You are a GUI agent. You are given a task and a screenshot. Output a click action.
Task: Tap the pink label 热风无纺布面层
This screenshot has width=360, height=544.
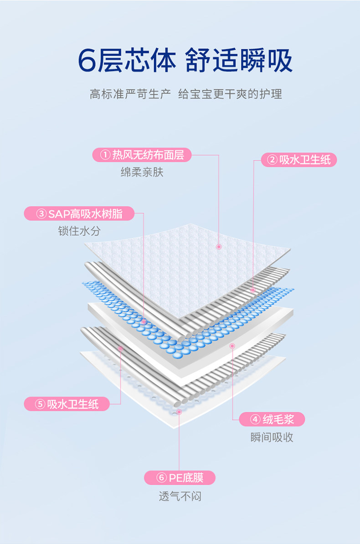click(x=142, y=155)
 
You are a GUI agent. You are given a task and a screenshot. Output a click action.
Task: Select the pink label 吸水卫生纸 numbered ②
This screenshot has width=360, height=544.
click(x=298, y=160)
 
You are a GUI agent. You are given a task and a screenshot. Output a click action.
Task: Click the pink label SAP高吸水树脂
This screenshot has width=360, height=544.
click(x=80, y=213)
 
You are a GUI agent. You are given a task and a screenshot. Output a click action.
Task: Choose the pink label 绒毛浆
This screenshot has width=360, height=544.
click(x=272, y=419)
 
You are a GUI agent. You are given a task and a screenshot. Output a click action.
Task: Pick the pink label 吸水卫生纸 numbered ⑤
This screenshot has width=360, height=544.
click(x=67, y=404)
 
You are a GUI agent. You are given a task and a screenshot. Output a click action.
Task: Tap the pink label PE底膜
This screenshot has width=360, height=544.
click(x=180, y=478)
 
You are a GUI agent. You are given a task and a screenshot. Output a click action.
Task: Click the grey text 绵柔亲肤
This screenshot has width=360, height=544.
click(x=142, y=172)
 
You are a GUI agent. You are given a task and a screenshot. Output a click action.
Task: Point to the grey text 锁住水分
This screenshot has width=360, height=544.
click(x=79, y=231)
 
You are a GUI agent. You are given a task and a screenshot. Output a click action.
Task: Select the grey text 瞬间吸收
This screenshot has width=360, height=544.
click(x=272, y=437)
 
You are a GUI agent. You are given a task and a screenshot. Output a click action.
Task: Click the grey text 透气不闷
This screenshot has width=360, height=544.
click(x=180, y=496)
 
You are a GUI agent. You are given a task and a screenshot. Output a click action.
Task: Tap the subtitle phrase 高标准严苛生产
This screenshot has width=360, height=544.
click(x=130, y=94)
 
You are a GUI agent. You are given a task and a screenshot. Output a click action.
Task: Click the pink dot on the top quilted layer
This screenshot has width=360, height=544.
click(x=219, y=247)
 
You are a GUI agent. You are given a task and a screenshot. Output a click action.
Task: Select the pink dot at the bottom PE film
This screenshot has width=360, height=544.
click(x=179, y=412)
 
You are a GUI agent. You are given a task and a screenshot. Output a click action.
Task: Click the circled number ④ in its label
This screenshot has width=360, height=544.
click(x=256, y=419)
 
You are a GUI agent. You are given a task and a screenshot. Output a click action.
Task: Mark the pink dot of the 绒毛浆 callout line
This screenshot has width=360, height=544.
click(x=232, y=346)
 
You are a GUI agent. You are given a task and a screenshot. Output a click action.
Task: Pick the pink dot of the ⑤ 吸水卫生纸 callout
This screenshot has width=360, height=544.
click(x=121, y=348)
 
